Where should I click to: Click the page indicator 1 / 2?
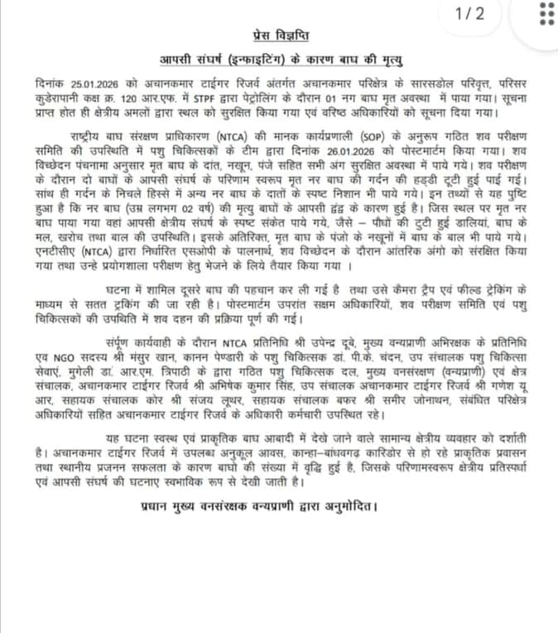pyautogui.click(x=471, y=14)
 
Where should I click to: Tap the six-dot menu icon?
pyautogui.click(x=546, y=15)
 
